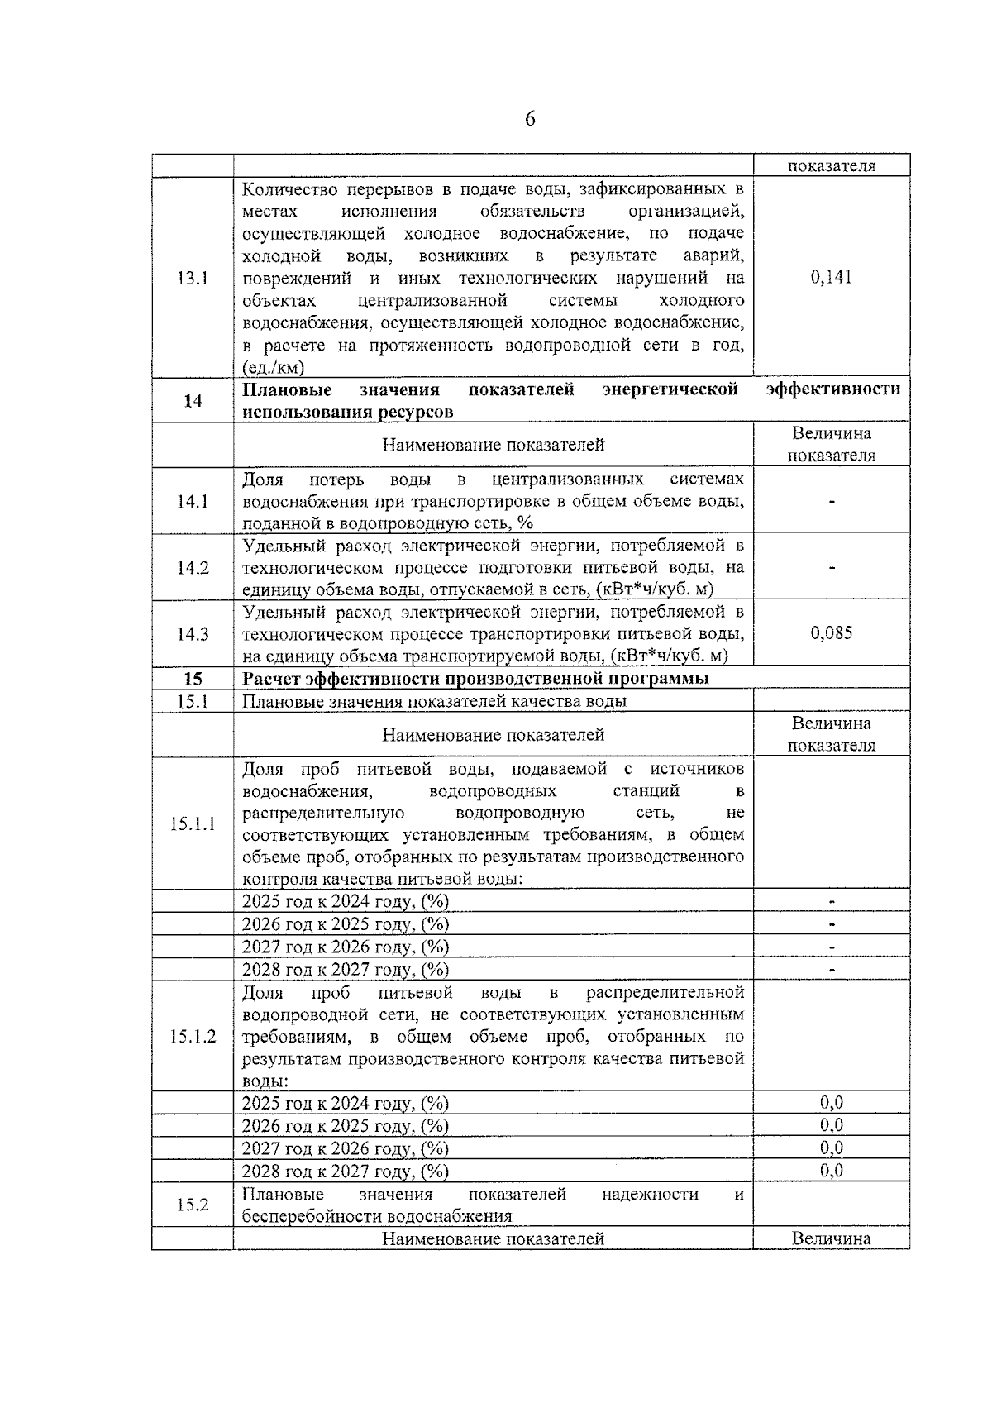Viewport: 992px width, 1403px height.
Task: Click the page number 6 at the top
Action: coord(529,120)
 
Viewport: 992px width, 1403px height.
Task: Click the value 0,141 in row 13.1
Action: coord(831,277)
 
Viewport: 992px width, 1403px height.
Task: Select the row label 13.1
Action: coord(192,279)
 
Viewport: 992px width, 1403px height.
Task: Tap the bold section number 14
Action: coord(192,401)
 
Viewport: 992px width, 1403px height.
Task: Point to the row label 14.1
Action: coord(192,501)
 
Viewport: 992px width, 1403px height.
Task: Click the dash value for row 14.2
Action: coord(832,568)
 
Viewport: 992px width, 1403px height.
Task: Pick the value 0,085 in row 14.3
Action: coord(831,633)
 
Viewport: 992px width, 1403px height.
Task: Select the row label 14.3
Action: coord(192,634)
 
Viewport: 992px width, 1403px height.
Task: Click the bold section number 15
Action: coord(192,679)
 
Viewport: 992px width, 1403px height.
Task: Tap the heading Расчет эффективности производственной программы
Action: coord(475,679)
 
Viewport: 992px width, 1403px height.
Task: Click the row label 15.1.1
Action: coord(192,823)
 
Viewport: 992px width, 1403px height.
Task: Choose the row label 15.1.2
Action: coord(192,1036)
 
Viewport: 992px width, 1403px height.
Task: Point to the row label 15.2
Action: coord(192,1205)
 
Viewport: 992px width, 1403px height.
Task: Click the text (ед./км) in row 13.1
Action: coord(273,368)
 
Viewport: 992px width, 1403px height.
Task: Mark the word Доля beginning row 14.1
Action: coord(262,480)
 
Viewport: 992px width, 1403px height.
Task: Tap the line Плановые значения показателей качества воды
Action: coord(434,701)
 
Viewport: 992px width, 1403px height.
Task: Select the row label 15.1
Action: coord(192,701)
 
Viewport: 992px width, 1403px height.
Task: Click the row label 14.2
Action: coord(192,568)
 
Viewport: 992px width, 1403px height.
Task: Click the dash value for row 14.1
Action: coord(832,502)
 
